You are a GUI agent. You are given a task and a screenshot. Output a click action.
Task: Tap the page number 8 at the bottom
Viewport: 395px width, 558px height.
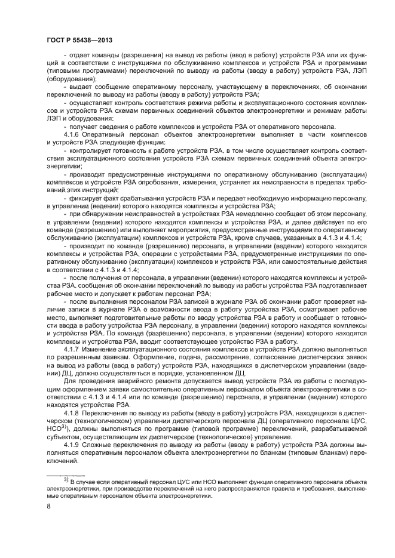[x=48, y=506]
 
